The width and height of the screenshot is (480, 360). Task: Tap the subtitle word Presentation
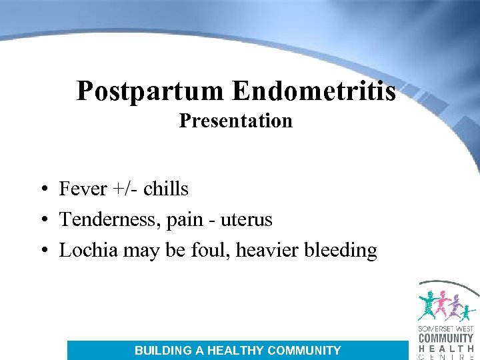(235, 121)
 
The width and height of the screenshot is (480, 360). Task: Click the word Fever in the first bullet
(83, 189)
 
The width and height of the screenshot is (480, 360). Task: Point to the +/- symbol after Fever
(125, 189)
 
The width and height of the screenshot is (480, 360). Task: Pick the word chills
(166, 189)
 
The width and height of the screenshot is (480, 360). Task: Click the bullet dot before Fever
(42, 190)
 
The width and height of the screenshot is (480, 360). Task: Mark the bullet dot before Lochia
(42, 251)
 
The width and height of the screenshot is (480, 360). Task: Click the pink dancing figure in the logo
(442, 305)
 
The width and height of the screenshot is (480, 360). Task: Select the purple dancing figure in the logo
(455, 307)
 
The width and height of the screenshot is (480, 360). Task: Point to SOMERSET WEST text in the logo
(445, 328)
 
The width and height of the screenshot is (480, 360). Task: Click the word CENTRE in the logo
(445, 356)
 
